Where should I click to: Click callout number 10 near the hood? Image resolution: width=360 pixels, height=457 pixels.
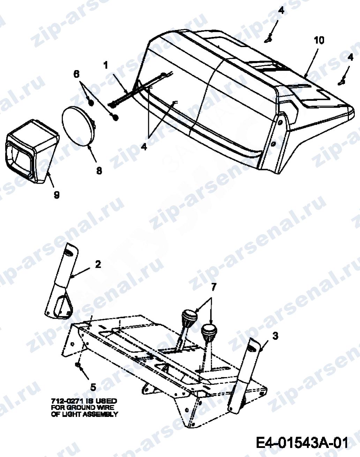tap(319, 40)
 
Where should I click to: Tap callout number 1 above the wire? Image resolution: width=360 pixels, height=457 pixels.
tap(106, 66)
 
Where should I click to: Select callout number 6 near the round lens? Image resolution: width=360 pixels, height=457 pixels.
tap(76, 74)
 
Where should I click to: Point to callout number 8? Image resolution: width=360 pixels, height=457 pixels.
tap(99, 170)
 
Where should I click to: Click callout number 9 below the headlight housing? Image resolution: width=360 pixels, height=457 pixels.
tap(57, 195)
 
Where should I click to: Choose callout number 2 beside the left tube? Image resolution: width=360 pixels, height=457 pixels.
tap(98, 264)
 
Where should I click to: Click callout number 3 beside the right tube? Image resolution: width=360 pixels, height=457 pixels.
tap(275, 336)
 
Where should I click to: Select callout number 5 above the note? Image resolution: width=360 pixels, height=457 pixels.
tap(93, 387)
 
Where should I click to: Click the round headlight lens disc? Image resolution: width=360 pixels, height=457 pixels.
tap(78, 125)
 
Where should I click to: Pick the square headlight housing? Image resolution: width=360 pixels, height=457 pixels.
tap(31, 151)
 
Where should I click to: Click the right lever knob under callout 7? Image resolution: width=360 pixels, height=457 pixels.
tap(209, 333)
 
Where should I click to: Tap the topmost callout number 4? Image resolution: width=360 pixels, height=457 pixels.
tap(281, 10)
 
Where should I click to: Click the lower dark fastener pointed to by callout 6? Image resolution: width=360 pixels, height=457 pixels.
tap(115, 117)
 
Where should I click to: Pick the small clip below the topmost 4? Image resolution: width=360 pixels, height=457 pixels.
tap(269, 39)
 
